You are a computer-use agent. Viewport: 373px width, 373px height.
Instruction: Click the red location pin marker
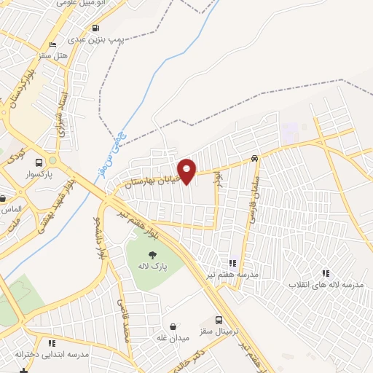click(x=186, y=170)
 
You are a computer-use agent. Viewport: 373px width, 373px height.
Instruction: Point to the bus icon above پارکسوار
click(x=39, y=162)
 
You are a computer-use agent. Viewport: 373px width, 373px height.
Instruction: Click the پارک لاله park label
click(x=154, y=267)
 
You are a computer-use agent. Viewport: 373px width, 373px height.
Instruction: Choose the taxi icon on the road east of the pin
click(x=254, y=158)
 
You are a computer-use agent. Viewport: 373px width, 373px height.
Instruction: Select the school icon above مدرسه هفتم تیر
click(x=232, y=263)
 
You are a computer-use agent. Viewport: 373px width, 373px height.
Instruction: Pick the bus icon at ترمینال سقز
click(x=219, y=320)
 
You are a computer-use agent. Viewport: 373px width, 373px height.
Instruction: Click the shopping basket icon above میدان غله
click(x=172, y=326)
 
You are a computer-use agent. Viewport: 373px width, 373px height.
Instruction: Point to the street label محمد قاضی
click(x=124, y=321)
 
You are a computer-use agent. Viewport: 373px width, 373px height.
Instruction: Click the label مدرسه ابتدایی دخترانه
click(x=52, y=353)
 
